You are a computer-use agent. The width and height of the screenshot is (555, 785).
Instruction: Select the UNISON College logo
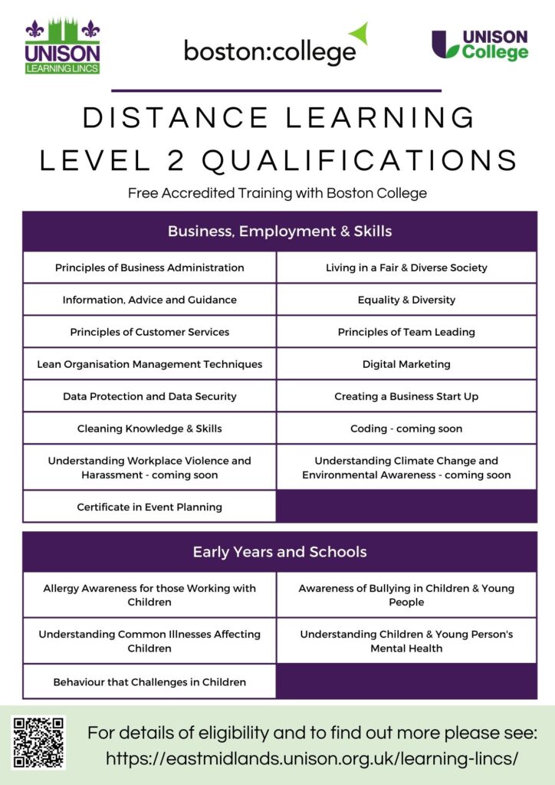(480, 45)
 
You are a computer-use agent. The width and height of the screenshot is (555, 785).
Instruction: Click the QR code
(39, 742)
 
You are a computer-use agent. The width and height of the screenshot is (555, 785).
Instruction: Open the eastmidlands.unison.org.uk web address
(312, 758)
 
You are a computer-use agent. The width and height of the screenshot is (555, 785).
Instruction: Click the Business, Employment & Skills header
(280, 231)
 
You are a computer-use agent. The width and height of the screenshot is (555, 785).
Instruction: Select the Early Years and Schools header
(280, 551)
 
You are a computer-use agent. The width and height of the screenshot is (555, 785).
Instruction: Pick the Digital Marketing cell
(406, 364)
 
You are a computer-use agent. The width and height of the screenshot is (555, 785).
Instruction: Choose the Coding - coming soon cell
(406, 429)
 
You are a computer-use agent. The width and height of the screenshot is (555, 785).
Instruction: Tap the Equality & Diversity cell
(406, 300)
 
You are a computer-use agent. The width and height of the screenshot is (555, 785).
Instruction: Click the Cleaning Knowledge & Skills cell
(149, 429)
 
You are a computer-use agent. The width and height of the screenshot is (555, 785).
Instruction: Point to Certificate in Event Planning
(149, 507)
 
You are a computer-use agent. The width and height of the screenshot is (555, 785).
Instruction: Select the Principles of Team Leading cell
(406, 332)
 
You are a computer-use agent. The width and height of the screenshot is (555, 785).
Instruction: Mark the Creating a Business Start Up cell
(406, 396)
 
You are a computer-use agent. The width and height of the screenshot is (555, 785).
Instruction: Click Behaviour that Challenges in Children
(149, 682)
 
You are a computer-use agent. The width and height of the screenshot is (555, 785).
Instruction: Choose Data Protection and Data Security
(149, 396)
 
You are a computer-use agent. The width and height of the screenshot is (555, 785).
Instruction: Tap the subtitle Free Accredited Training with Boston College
(277, 193)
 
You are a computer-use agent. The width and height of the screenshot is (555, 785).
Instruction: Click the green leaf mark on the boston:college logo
(359, 33)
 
